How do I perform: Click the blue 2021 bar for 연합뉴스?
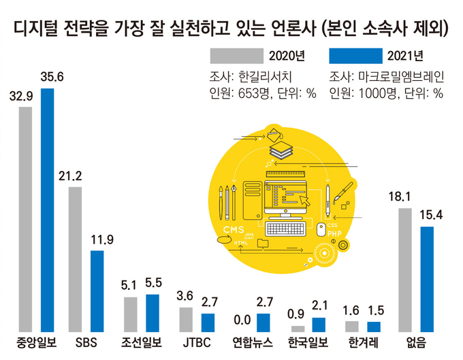coord(263,321)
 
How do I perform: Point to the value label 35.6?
coord(52,77)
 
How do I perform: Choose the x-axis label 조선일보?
coord(141,341)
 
